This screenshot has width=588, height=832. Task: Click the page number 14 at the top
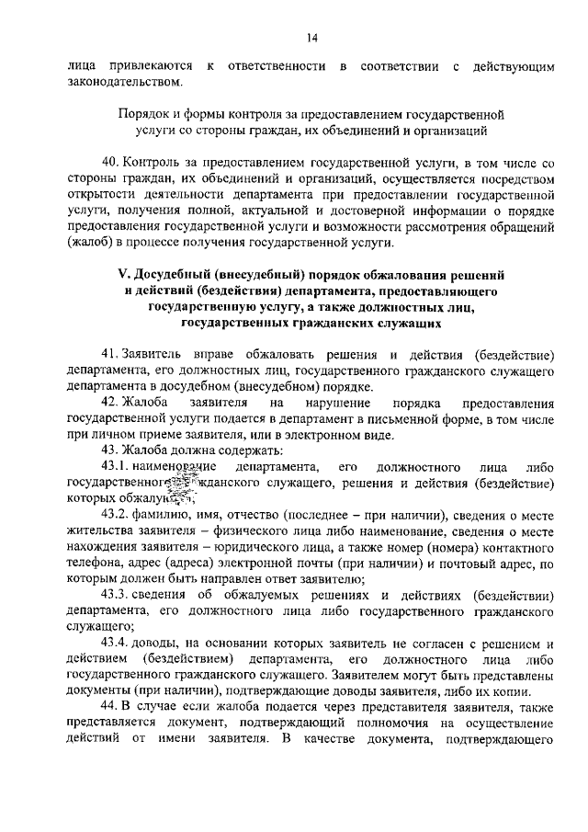click(312, 37)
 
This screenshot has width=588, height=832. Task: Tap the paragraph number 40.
click(110, 162)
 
